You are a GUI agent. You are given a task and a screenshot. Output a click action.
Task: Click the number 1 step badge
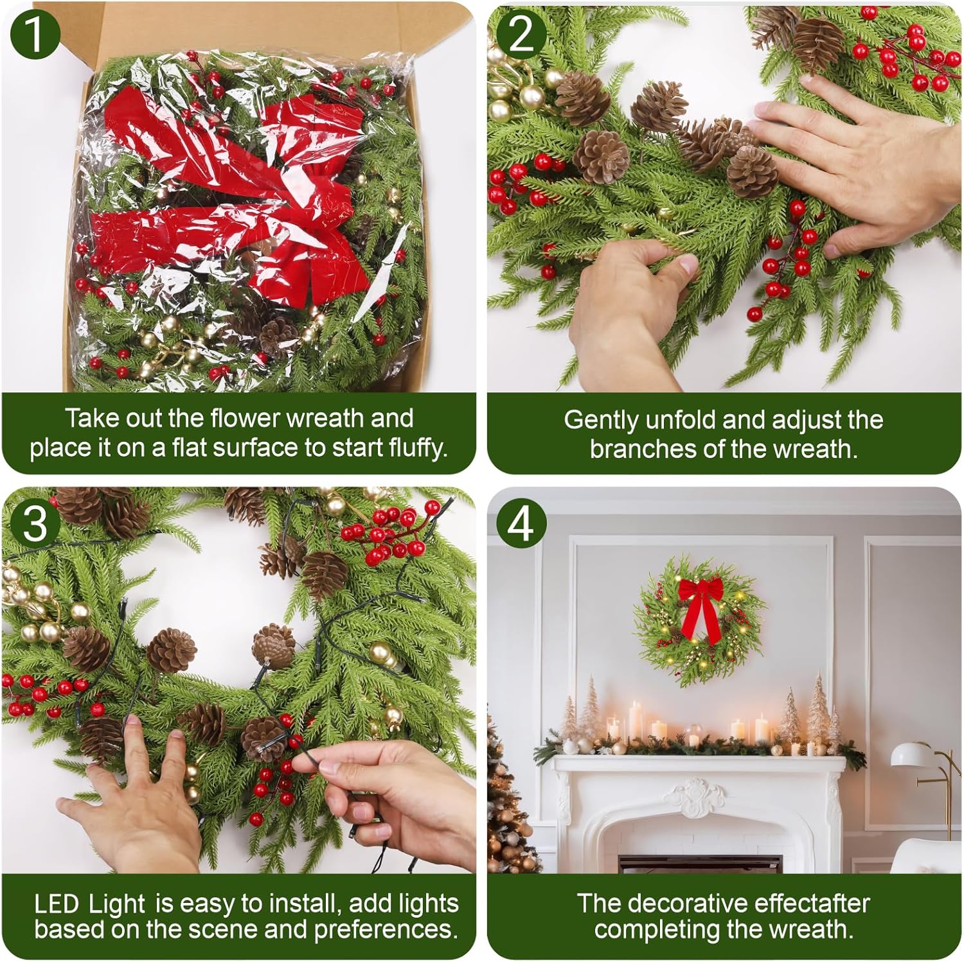(35, 33)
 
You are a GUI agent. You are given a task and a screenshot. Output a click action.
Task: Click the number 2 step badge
(521, 33)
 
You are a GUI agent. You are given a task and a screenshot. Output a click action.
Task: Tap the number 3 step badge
(35, 523)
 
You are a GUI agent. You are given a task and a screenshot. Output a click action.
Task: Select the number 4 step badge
(521, 523)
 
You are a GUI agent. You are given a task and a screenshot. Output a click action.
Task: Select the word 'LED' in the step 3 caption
(57, 904)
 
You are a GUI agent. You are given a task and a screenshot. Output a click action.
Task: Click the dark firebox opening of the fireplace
(699, 863)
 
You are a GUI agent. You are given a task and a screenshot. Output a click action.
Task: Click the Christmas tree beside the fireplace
(511, 803)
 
